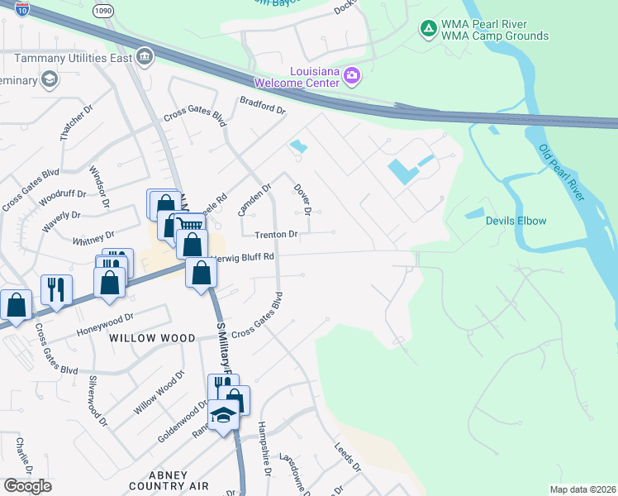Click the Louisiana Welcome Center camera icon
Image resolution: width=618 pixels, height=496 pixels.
(353, 76)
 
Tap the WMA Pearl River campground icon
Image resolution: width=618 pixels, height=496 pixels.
(428, 30)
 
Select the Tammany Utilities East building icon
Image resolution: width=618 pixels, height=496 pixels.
(145, 56)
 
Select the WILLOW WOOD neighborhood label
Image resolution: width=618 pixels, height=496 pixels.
(151, 338)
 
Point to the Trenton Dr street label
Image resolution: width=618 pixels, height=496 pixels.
(276, 235)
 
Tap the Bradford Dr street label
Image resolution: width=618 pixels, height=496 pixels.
(262, 105)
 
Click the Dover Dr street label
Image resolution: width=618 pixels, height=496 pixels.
(302, 199)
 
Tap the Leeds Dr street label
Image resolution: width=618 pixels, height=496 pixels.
(348, 455)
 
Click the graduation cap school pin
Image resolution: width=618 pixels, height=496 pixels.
(222, 415)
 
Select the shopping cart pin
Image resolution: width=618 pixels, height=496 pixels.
(190, 226)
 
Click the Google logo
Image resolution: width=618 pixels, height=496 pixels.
(27, 486)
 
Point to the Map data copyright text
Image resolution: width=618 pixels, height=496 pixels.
(582, 489)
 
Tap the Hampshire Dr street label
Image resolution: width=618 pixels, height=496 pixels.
(264, 446)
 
